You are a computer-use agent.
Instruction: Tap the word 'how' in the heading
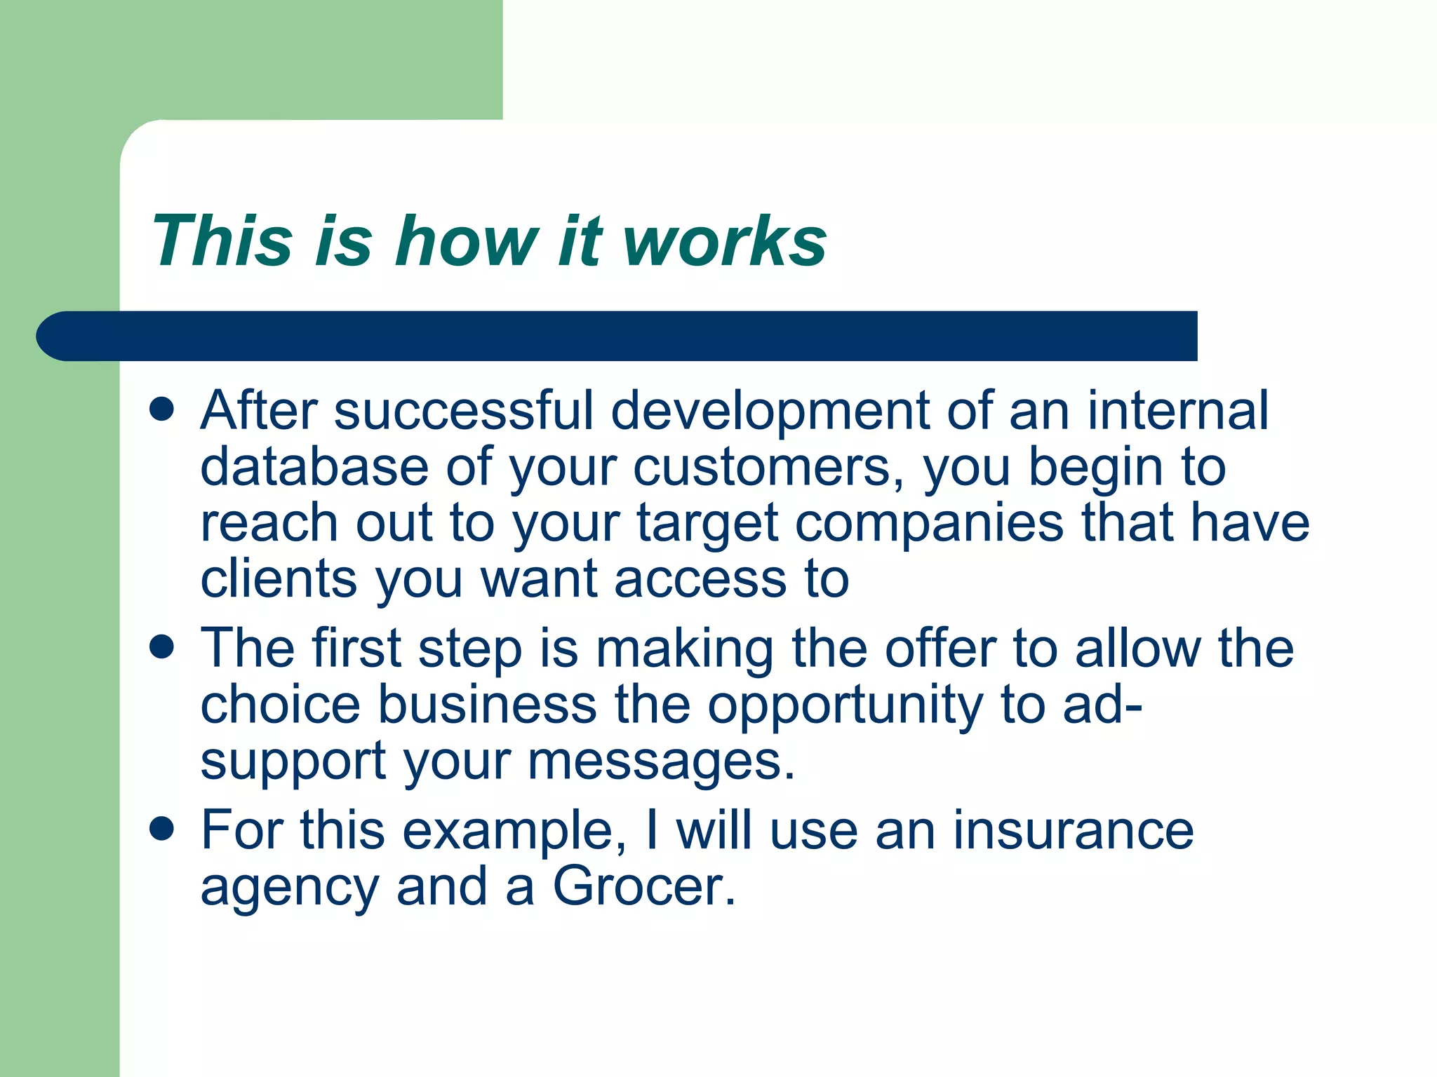pyautogui.click(x=467, y=242)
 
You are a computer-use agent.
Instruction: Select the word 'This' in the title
pyautogui.click(x=222, y=242)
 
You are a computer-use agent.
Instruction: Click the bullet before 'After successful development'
pyautogui.click(x=162, y=409)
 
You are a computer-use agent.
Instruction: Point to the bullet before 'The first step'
pyautogui.click(x=162, y=646)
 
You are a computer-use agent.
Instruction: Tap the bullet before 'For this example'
pyautogui.click(x=162, y=829)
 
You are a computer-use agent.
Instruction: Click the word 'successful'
pyautogui.click(x=464, y=410)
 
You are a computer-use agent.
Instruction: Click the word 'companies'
pyautogui.click(x=930, y=523)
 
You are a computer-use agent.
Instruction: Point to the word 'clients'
pyautogui.click(x=279, y=579)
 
